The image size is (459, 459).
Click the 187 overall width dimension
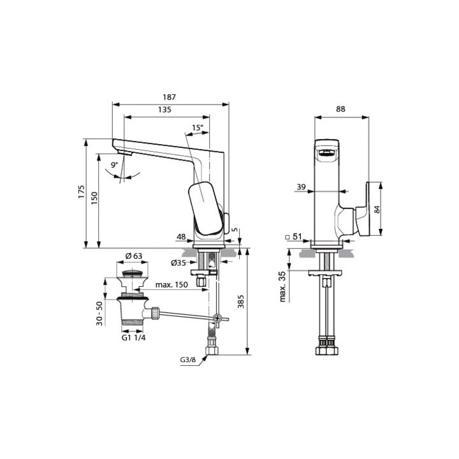click(x=169, y=97)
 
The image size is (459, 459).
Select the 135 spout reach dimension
click(x=164, y=110)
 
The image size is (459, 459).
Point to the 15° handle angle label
click(x=197, y=127)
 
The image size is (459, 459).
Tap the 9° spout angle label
click(x=114, y=165)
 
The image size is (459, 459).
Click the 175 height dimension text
click(x=82, y=192)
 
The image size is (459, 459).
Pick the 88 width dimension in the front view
click(x=340, y=109)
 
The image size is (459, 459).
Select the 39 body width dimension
click(x=301, y=187)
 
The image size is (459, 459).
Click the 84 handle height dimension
click(x=377, y=209)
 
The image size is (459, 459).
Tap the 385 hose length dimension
click(x=240, y=301)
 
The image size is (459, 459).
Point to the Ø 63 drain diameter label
click(x=134, y=256)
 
